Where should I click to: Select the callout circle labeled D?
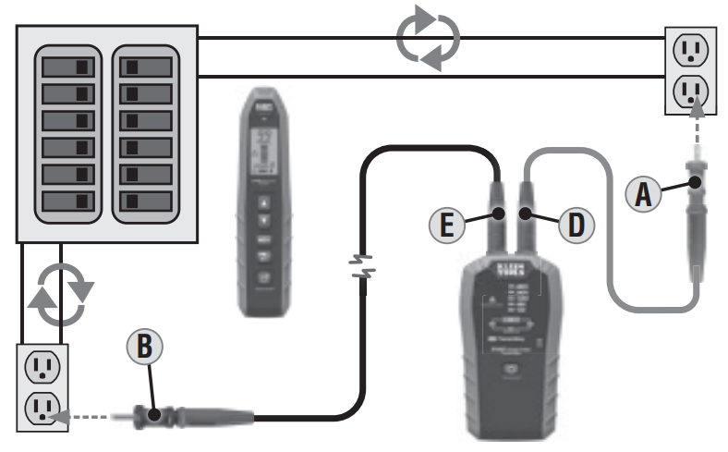pyautogui.click(x=576, y=224)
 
